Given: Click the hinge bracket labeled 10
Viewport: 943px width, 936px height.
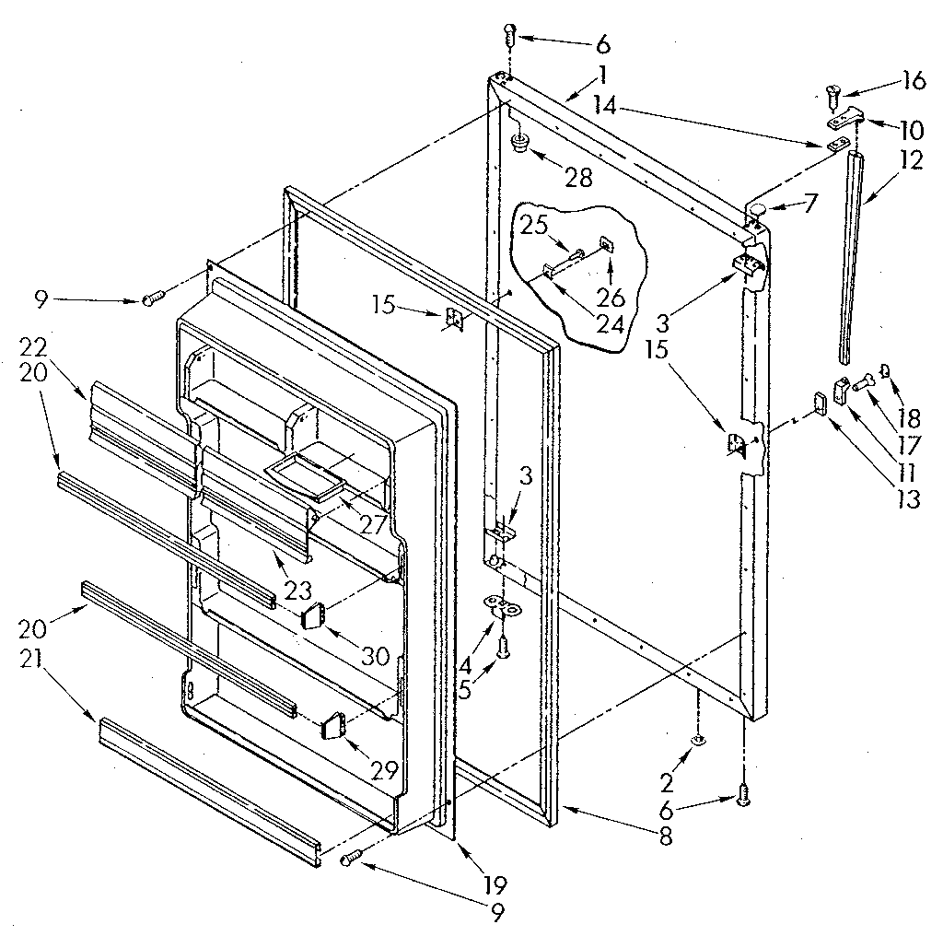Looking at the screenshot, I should tap(844, 118).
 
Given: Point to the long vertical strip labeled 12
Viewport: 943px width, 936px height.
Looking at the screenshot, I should tap(854, 258).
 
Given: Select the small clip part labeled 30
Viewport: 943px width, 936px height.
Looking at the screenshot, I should tap(315, 614).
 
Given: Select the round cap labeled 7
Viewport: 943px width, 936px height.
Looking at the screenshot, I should tap(757, 214).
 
